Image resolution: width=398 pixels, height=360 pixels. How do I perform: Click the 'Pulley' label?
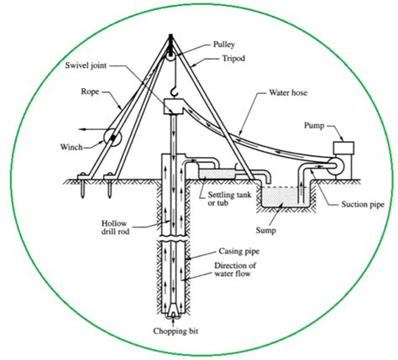pos(224,44)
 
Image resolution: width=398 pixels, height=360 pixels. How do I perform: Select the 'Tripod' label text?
pos(233,59)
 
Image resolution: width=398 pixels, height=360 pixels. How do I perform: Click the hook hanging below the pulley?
pos(174,91)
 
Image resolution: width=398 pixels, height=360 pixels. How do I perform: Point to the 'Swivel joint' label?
pos(86,65)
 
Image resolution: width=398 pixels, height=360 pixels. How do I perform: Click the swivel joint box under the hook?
pos(173,107)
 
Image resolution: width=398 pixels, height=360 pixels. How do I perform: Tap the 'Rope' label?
pos(90,91)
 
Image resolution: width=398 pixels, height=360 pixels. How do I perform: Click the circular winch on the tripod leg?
pos(113,138)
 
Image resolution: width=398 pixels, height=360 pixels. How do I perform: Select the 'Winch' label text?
pos(71,147)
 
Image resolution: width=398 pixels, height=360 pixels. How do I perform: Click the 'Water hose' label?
pos(288,92)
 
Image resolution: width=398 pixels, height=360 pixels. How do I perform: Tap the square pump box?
pos(343,149)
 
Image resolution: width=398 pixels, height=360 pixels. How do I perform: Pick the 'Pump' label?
pos(314,126)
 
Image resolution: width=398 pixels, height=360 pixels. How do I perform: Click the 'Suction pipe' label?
pos(363,205)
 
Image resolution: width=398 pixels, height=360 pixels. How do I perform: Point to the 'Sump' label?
pos(265,231)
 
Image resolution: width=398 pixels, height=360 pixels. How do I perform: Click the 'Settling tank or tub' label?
pos(229,199)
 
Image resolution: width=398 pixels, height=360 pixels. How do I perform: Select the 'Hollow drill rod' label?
pos(115,227)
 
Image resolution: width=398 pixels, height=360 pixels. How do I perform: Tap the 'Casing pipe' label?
pos(238,251)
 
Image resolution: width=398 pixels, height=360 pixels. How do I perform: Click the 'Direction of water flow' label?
pos(235,269)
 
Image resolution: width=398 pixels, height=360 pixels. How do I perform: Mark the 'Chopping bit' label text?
pos(175,331)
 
